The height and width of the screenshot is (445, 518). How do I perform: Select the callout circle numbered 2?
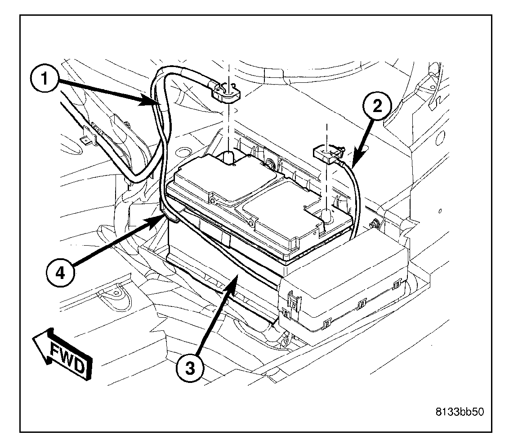(376, 106)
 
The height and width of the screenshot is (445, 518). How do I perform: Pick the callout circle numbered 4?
(61, 273)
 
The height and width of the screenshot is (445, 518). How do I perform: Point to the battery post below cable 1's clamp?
(228, 157)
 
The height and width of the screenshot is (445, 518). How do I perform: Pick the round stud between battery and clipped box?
(373, 222)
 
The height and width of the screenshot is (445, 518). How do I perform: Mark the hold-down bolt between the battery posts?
(271, 164)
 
